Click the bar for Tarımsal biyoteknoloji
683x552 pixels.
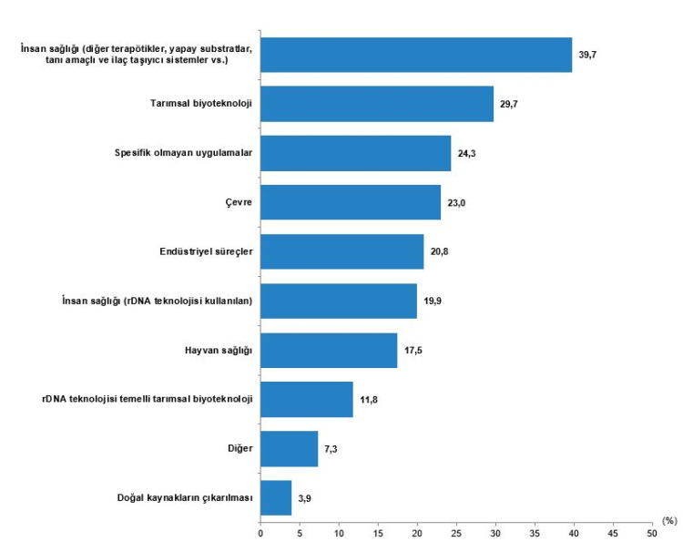coord(377,104)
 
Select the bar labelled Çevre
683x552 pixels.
coord(351,202)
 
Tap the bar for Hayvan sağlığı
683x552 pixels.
coord(329,351)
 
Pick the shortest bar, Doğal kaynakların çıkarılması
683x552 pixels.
coord(276,498)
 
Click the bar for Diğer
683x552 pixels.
coord(289,449)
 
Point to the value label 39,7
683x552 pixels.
coord(588,55)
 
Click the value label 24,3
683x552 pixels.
coord(467,153)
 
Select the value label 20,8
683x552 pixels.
coord(440,251)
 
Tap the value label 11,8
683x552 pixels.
coord(369,400)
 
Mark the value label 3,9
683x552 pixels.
coord(305,498)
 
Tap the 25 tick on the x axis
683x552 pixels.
coord(456,531)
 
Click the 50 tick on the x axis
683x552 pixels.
coord(651,531)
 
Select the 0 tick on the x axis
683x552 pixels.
coord(260,531)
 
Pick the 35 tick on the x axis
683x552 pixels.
coord(535,531)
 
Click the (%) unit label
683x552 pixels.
coord(669,521)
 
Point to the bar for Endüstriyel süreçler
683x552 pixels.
coord(341,251)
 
